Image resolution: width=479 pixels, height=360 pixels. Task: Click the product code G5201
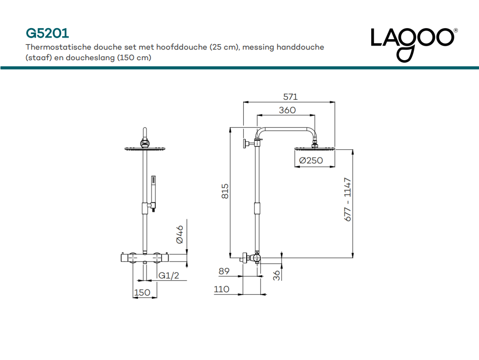coord(47,33)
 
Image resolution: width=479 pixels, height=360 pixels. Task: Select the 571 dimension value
coord(290,97)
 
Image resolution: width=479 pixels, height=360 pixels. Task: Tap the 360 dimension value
coord(287,110)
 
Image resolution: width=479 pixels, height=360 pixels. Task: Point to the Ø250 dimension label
coord(311,160)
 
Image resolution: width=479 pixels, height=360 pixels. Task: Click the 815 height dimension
coord(225,191)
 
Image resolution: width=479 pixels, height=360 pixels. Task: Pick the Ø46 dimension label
coord(180,235)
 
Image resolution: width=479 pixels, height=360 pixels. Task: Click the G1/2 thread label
coord(169,275)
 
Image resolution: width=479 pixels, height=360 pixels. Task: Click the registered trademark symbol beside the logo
coord(455,31)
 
